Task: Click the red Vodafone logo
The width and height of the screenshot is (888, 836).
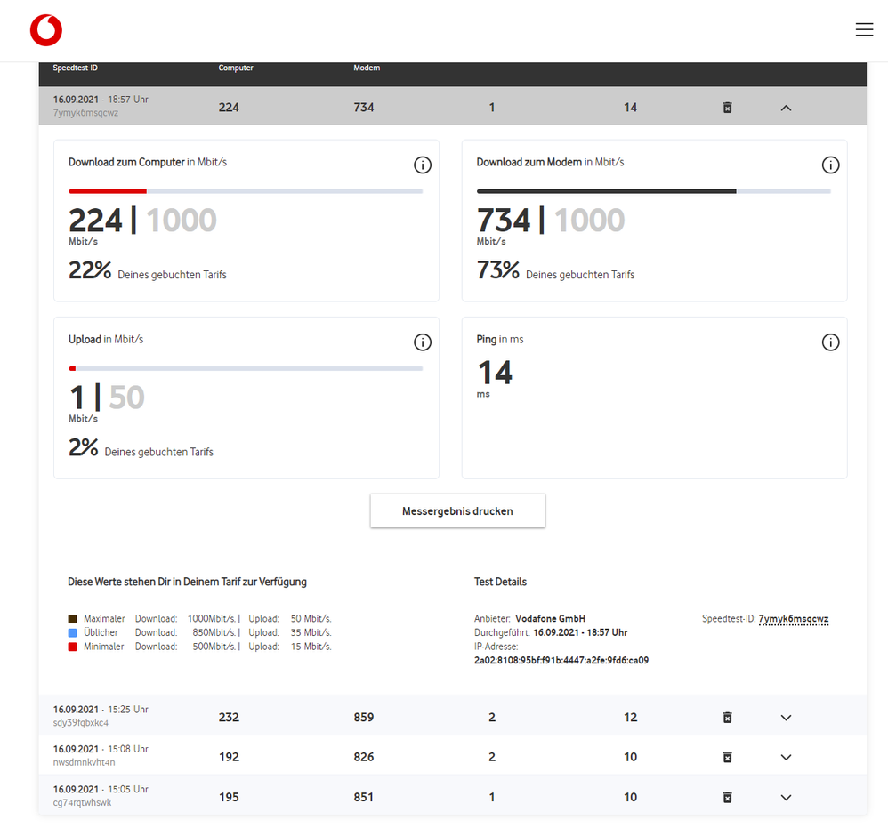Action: click(46, 30)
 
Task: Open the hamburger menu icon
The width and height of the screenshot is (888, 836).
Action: click(864, 29)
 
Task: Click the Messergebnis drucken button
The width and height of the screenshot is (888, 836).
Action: click(457, 511)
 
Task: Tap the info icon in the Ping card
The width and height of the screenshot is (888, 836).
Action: click(830, 342)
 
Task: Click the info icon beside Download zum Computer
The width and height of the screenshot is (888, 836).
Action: click(423, 165)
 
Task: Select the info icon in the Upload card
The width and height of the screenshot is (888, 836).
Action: click(423, 342)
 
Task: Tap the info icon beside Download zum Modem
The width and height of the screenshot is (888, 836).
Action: click(830, 165)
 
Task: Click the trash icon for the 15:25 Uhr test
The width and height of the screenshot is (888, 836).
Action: click(728, 718)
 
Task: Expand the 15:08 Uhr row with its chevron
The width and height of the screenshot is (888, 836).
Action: click(786, 758)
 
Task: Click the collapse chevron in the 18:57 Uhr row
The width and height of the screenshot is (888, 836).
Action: click(786, 109)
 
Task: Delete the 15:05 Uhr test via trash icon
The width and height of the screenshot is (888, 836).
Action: click(728, 798)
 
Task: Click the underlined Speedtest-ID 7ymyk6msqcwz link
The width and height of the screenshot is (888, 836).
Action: click(794, 619)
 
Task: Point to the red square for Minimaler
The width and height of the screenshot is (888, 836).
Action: click(72, 647)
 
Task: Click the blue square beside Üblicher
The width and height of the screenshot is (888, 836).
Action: click(72, 633)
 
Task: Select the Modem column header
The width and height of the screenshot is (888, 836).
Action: click(367, 68)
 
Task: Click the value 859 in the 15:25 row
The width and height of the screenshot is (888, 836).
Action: click(364, 718)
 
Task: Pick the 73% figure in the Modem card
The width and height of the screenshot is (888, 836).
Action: click(497, 270)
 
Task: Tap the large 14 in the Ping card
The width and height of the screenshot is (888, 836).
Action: click(495, 373)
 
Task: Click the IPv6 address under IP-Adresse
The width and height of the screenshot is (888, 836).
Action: click(561, 661)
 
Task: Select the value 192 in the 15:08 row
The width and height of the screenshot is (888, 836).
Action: click(229, 758)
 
